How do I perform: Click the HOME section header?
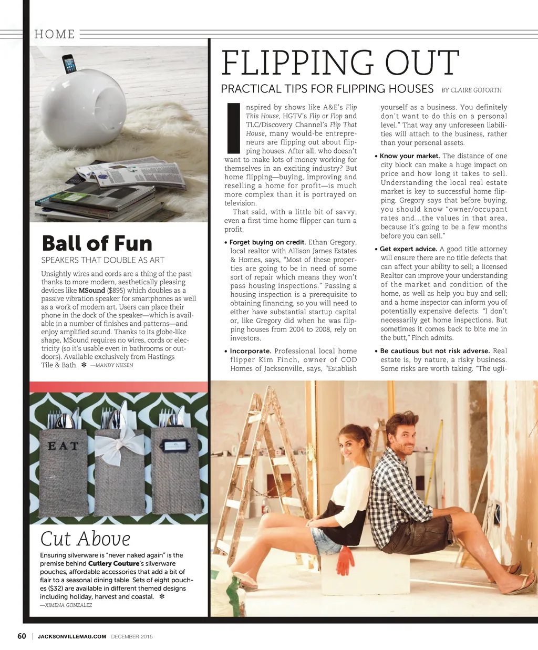pos(55,34)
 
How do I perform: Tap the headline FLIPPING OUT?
pos(340,63)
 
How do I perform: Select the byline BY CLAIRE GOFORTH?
pos(471,90)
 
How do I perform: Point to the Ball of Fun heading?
pos(97,243)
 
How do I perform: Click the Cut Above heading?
pos(85,539)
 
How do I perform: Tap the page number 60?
pos(22,636)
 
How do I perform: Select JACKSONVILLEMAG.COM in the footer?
pos(72,637)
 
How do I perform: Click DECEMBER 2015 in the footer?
pos(132,637)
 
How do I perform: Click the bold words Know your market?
pos(410,156)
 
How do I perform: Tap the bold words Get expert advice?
pos(408,249)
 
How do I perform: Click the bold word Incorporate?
pos(251,351)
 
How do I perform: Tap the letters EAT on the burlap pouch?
pos(63,446)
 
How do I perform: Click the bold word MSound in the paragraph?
pos(91,291)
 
